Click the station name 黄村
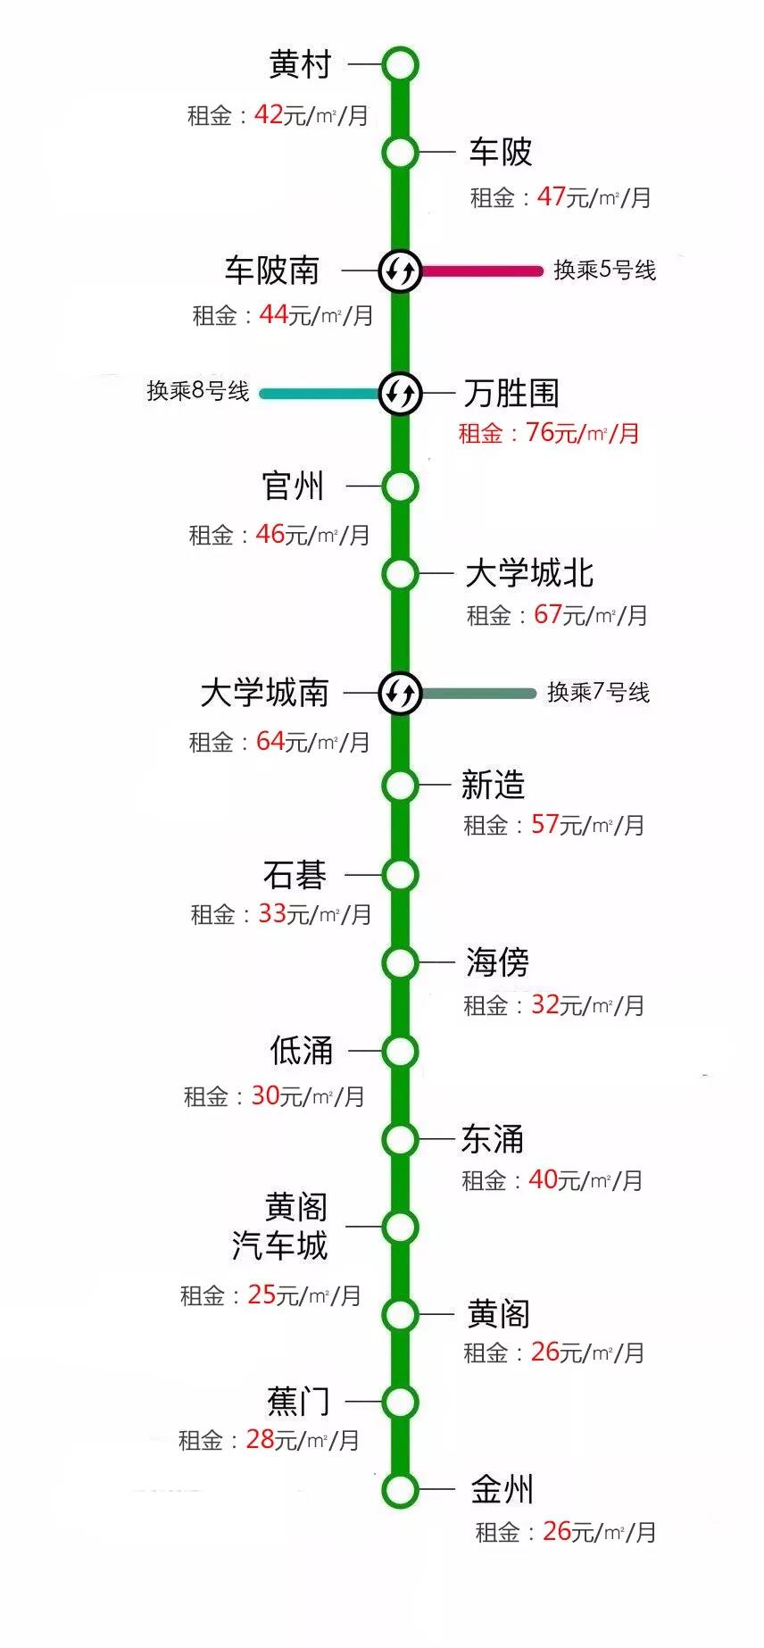click(x=300, y=65)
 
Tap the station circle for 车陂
click(x=400, y=153)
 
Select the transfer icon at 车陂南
click(x=400, y=270)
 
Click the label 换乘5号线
click(x=604, y=270)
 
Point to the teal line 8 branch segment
click(x=320, y=393)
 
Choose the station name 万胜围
click(x=511, y=393)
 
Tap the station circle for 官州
click(x=400, y=487)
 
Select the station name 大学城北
click(x=529, y=573)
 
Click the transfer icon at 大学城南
click(x=400, y=693)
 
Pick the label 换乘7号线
click(x=598, y=693)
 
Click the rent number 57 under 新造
click(x=544, y=824)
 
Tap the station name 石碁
click(x=295, y=875)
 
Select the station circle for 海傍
click(x=400, y=962)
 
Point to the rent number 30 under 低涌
click(x=265, y=1095)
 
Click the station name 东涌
click(x=493, y=1139)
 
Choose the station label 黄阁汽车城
click(x=280, y=1226)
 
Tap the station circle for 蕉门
click(x=400, y=1402)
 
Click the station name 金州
click(x=502, y=1489)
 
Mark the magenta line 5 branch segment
click(x=482, y=271)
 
